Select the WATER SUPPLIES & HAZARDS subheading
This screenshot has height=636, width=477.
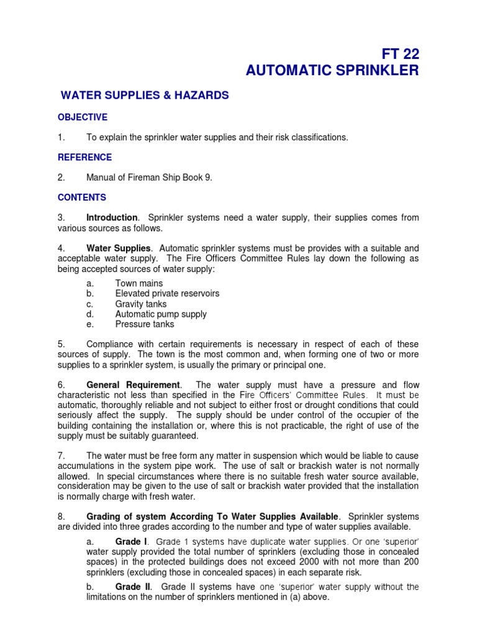click(145, 96)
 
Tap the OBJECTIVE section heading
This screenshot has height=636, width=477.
click(83, 117)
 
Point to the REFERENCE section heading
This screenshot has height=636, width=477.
click(84, 157)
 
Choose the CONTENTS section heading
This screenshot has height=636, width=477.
click(82, 198)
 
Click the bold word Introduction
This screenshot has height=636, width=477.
click(112, 217)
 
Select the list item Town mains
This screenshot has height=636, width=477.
click(139, 283)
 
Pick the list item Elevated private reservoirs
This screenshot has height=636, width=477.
click(167, 293)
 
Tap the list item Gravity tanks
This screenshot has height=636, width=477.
click(141, 304)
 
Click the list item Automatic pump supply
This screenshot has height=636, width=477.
click(161, 314)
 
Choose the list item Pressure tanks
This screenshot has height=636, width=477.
click(145, 324)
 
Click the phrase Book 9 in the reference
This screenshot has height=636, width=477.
click(196, 178)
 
